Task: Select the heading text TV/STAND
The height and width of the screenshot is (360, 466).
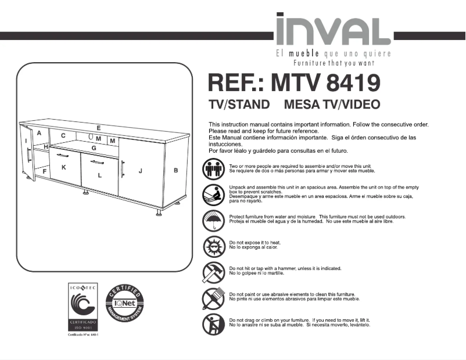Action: (x=239, y=105)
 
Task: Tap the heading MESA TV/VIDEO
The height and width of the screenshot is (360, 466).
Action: (x=332, y=105)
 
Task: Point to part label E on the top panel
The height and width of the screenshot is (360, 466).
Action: (x=99, y=128)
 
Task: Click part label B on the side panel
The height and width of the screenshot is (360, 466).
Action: (x=175, y=170)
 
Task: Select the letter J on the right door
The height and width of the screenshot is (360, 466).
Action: (x=140, y=171)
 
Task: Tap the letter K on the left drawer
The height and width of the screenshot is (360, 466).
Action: (x=63, y=167)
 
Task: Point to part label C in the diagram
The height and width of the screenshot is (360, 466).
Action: (x=63, y=136)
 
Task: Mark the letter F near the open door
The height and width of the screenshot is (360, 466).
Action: (x=45, y=171)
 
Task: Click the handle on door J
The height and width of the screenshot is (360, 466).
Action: (x=123, y=169)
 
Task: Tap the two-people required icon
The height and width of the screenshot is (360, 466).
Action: (x=213, y=168)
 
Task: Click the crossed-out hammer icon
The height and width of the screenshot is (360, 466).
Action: (x=213, y=272)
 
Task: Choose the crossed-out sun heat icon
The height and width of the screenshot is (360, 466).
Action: (x=213, y=246)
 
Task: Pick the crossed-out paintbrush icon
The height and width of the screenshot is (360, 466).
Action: (x=213, y=297)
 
